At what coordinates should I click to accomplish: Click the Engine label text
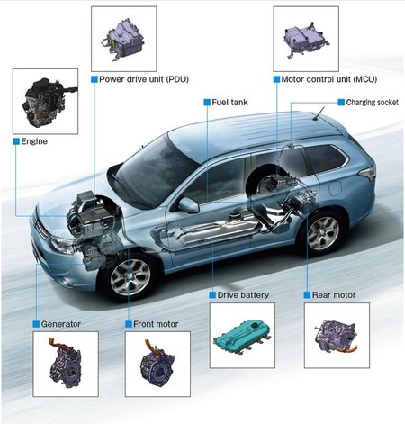[x=36, y=141]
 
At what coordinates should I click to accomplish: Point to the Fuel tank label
[x=229, y=103]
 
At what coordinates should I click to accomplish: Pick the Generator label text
[x=61, y=322]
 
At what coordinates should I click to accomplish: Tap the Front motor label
[x=155, y=322]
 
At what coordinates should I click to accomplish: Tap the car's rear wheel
[x=322, y=231]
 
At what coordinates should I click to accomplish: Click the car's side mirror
[x=188, y=205]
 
